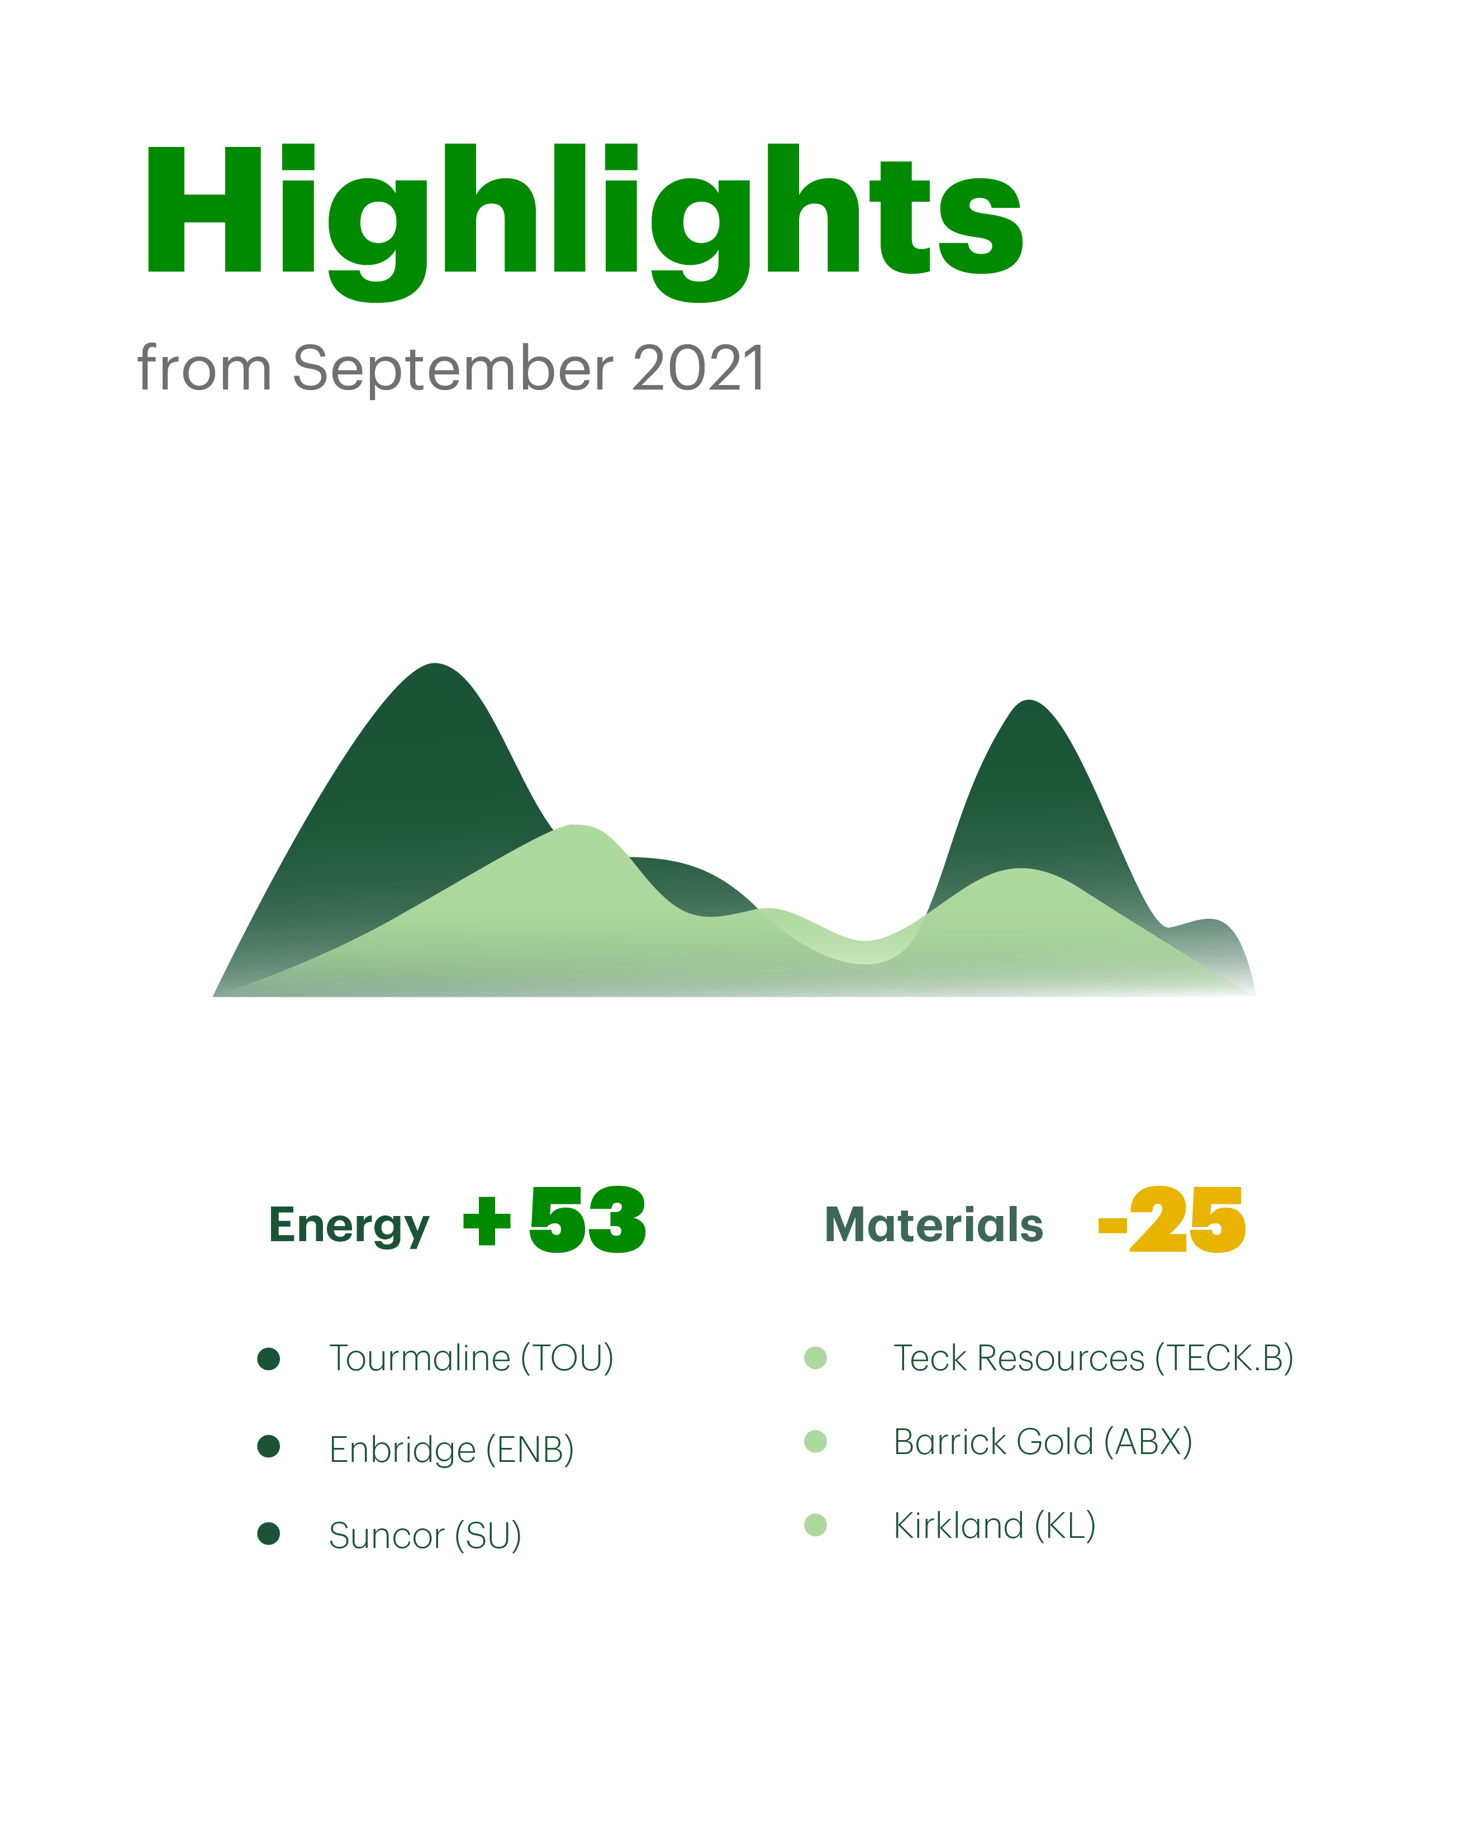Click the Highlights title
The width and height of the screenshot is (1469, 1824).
point(584,222)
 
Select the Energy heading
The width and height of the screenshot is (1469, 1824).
point(349,1227)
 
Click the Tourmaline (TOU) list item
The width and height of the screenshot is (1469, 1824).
point(472,1358)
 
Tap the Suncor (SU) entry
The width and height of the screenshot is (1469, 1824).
point(425,1536)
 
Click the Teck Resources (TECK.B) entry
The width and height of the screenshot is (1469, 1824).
point(1094,1358)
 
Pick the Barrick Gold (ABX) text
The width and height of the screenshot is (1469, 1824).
point(1043,1442)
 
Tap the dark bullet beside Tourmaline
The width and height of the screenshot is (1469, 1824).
point(269,1359)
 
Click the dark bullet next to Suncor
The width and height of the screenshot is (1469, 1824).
point(269,1533)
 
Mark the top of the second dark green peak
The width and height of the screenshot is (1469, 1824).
point(1028,701)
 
